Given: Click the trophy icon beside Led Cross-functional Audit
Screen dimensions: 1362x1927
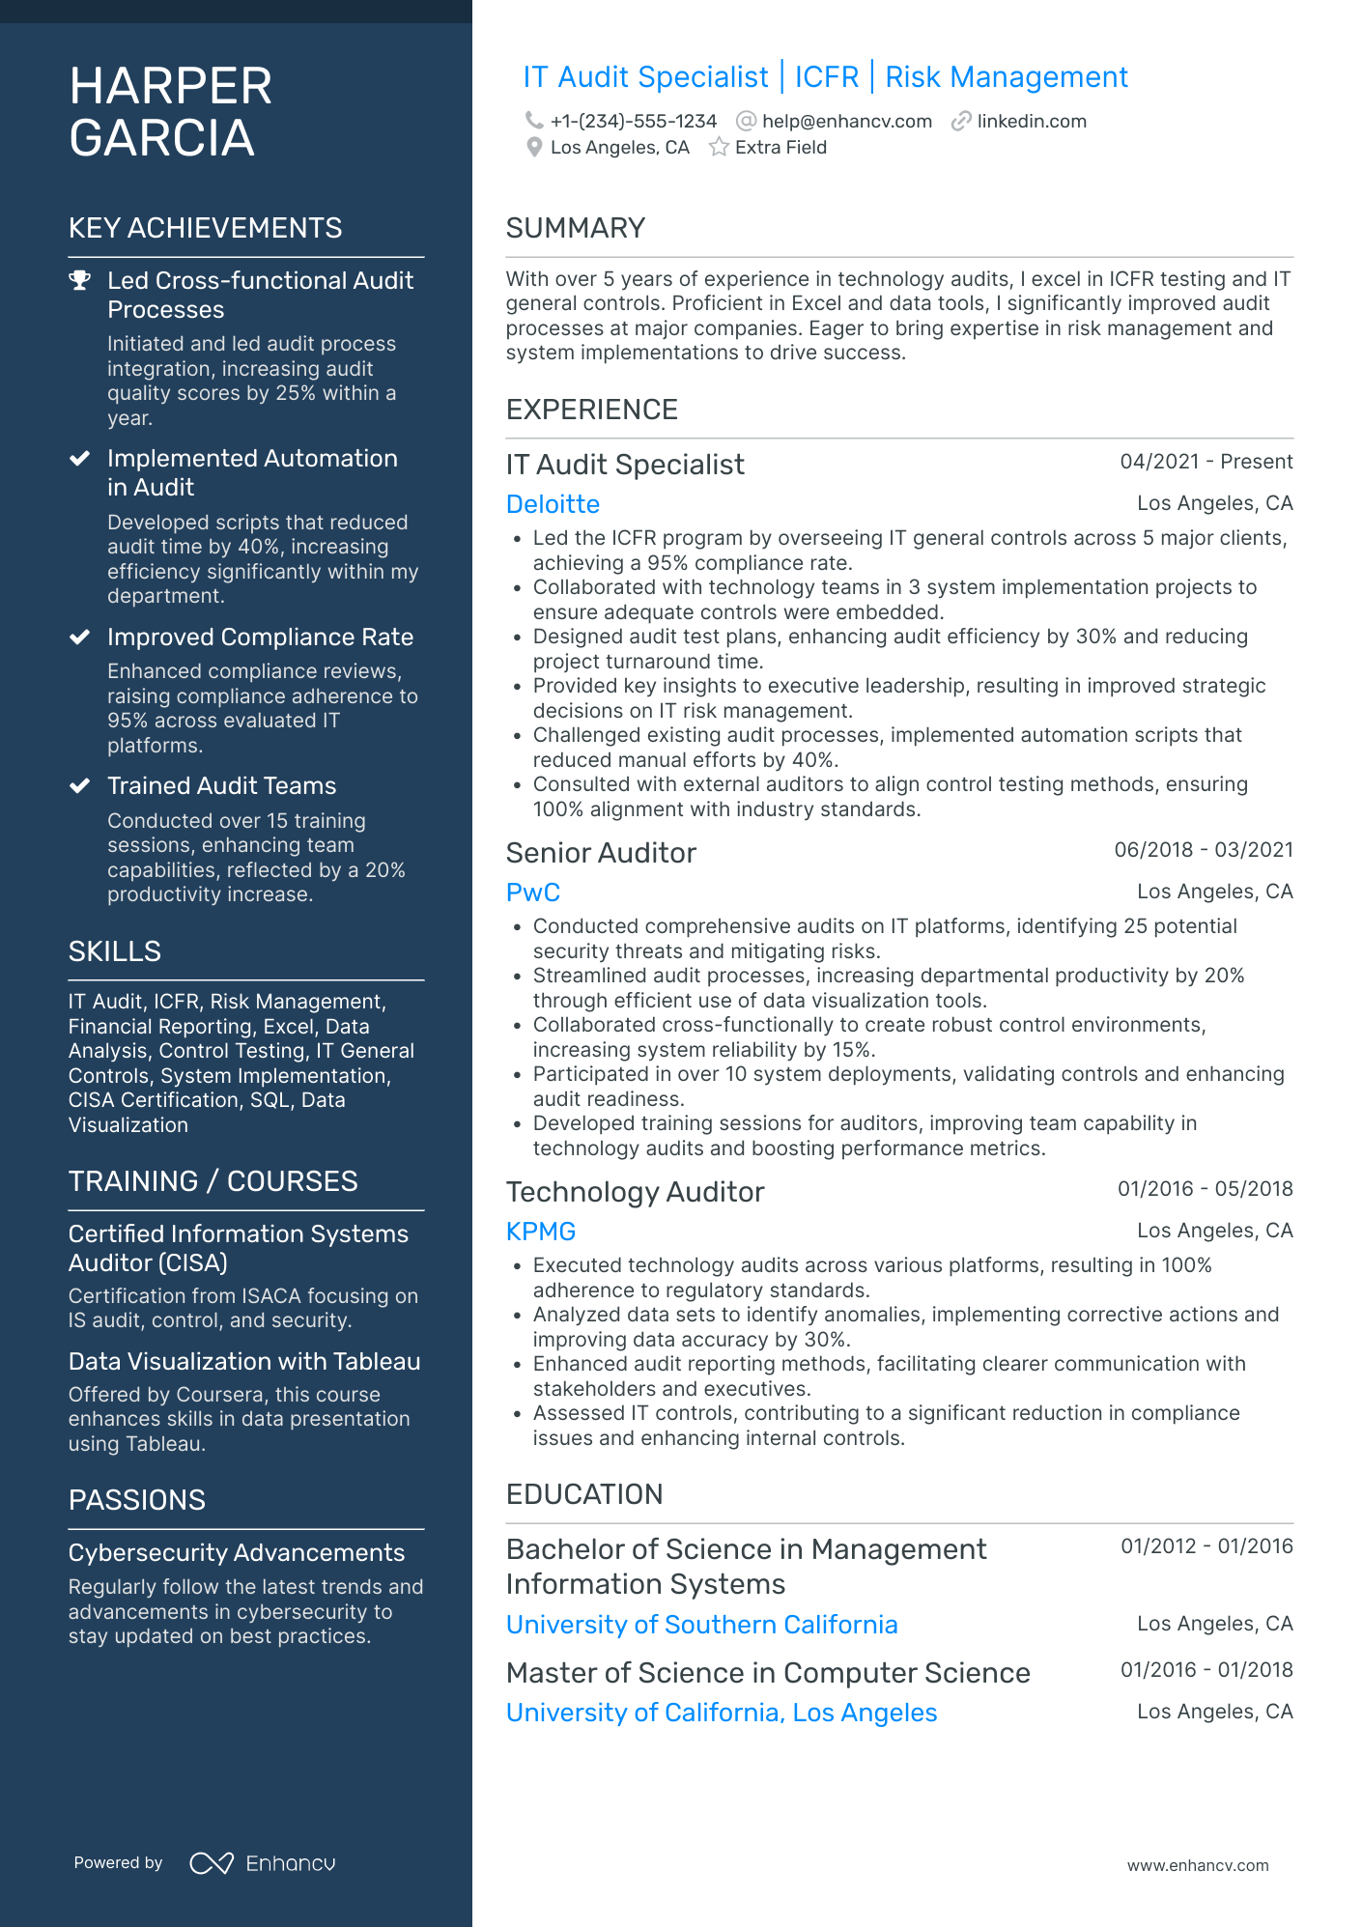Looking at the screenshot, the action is click(x=80, y=281).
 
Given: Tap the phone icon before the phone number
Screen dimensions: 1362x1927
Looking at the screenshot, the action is click(x=534, y=121).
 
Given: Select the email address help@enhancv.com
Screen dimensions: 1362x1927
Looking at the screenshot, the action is click(x=846, y=121).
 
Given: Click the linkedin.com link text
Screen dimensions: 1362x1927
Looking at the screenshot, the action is click(x=1031, y=121).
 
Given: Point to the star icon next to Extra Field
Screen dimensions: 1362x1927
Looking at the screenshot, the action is click(x=719, y=147).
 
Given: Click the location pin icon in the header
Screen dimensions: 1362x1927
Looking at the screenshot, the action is click(x=534, y=147).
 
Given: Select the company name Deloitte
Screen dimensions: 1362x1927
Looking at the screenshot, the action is click(x=553, y=504).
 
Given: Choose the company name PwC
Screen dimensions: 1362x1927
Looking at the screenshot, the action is click(x=533, y=893).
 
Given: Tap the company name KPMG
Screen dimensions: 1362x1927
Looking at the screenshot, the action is click(x=541, y=1232).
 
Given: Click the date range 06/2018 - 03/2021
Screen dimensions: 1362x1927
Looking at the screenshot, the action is click(x=1203, y=850).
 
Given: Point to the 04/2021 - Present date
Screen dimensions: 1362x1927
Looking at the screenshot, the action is click(x=1206, y=462).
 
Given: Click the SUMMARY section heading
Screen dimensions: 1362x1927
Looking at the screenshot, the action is click(x=576, y=228).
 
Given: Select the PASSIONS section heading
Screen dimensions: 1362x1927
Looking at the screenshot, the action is click(x=137, y=1500).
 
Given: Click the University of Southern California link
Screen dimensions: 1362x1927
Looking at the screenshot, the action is click(x=702, y=1625).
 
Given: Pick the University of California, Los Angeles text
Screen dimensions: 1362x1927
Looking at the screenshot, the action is click(x=722, y=1713).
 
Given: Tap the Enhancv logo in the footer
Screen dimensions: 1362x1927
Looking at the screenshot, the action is click(x=264, y=1863).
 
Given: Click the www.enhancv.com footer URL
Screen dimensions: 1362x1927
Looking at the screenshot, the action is click(x=1198, y=1865).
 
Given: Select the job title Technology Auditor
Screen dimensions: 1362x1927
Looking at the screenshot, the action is click(x=635, y=1192).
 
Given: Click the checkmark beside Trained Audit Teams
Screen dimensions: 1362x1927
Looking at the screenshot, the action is click(x=80, y=786).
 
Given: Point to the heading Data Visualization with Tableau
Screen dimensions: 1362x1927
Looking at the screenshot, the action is click(x=244, y=1361).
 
